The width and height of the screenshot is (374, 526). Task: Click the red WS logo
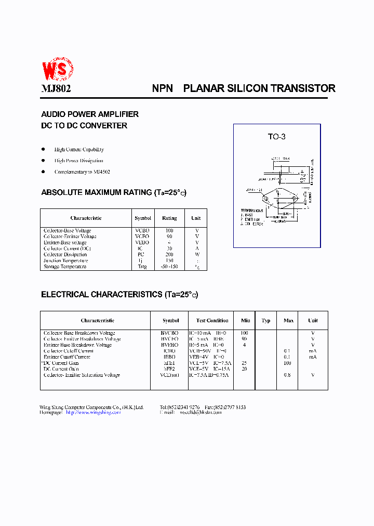[x=57, y=69]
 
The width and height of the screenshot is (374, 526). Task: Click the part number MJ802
[x=56, y=88]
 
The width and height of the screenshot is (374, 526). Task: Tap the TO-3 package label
[x=276, y=137]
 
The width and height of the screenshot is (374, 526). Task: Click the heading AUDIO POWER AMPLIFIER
[x=90, y=114]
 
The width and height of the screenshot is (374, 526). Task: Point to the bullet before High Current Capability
[x=44, y=149]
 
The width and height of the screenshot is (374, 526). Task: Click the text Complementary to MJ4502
[x=82, y=172]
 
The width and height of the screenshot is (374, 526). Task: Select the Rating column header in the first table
[x=169, y=218]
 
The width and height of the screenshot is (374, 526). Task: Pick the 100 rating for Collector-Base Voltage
[x=169, y=230]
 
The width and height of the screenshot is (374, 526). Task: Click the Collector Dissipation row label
[x=65, y=255]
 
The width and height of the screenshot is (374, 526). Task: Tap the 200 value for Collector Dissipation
[x=169, y=255]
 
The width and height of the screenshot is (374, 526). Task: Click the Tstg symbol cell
[x=142, y=267]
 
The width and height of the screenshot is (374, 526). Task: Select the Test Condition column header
[x=212, y=321]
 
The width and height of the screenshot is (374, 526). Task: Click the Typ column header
[x=266, y=321]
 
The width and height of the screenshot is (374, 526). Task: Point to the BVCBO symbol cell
[x=170, y=333]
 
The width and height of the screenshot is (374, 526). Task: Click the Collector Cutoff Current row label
[x=69, y=351]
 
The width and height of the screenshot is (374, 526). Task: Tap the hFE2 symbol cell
[x=170, y=369]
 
